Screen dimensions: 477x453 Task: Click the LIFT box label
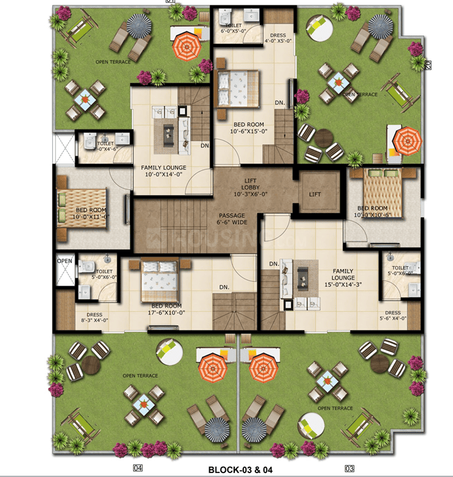click(x=315, y=194)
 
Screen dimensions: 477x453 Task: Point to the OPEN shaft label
click(x=64, y=261)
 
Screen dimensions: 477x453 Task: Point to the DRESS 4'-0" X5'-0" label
click(x=279, y=37)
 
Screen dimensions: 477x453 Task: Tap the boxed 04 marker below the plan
click(x=137, y=468)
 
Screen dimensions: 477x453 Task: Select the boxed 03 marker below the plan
click(x=349, y=468)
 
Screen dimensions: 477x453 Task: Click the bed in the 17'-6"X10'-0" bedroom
click(x=156, y=277)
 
